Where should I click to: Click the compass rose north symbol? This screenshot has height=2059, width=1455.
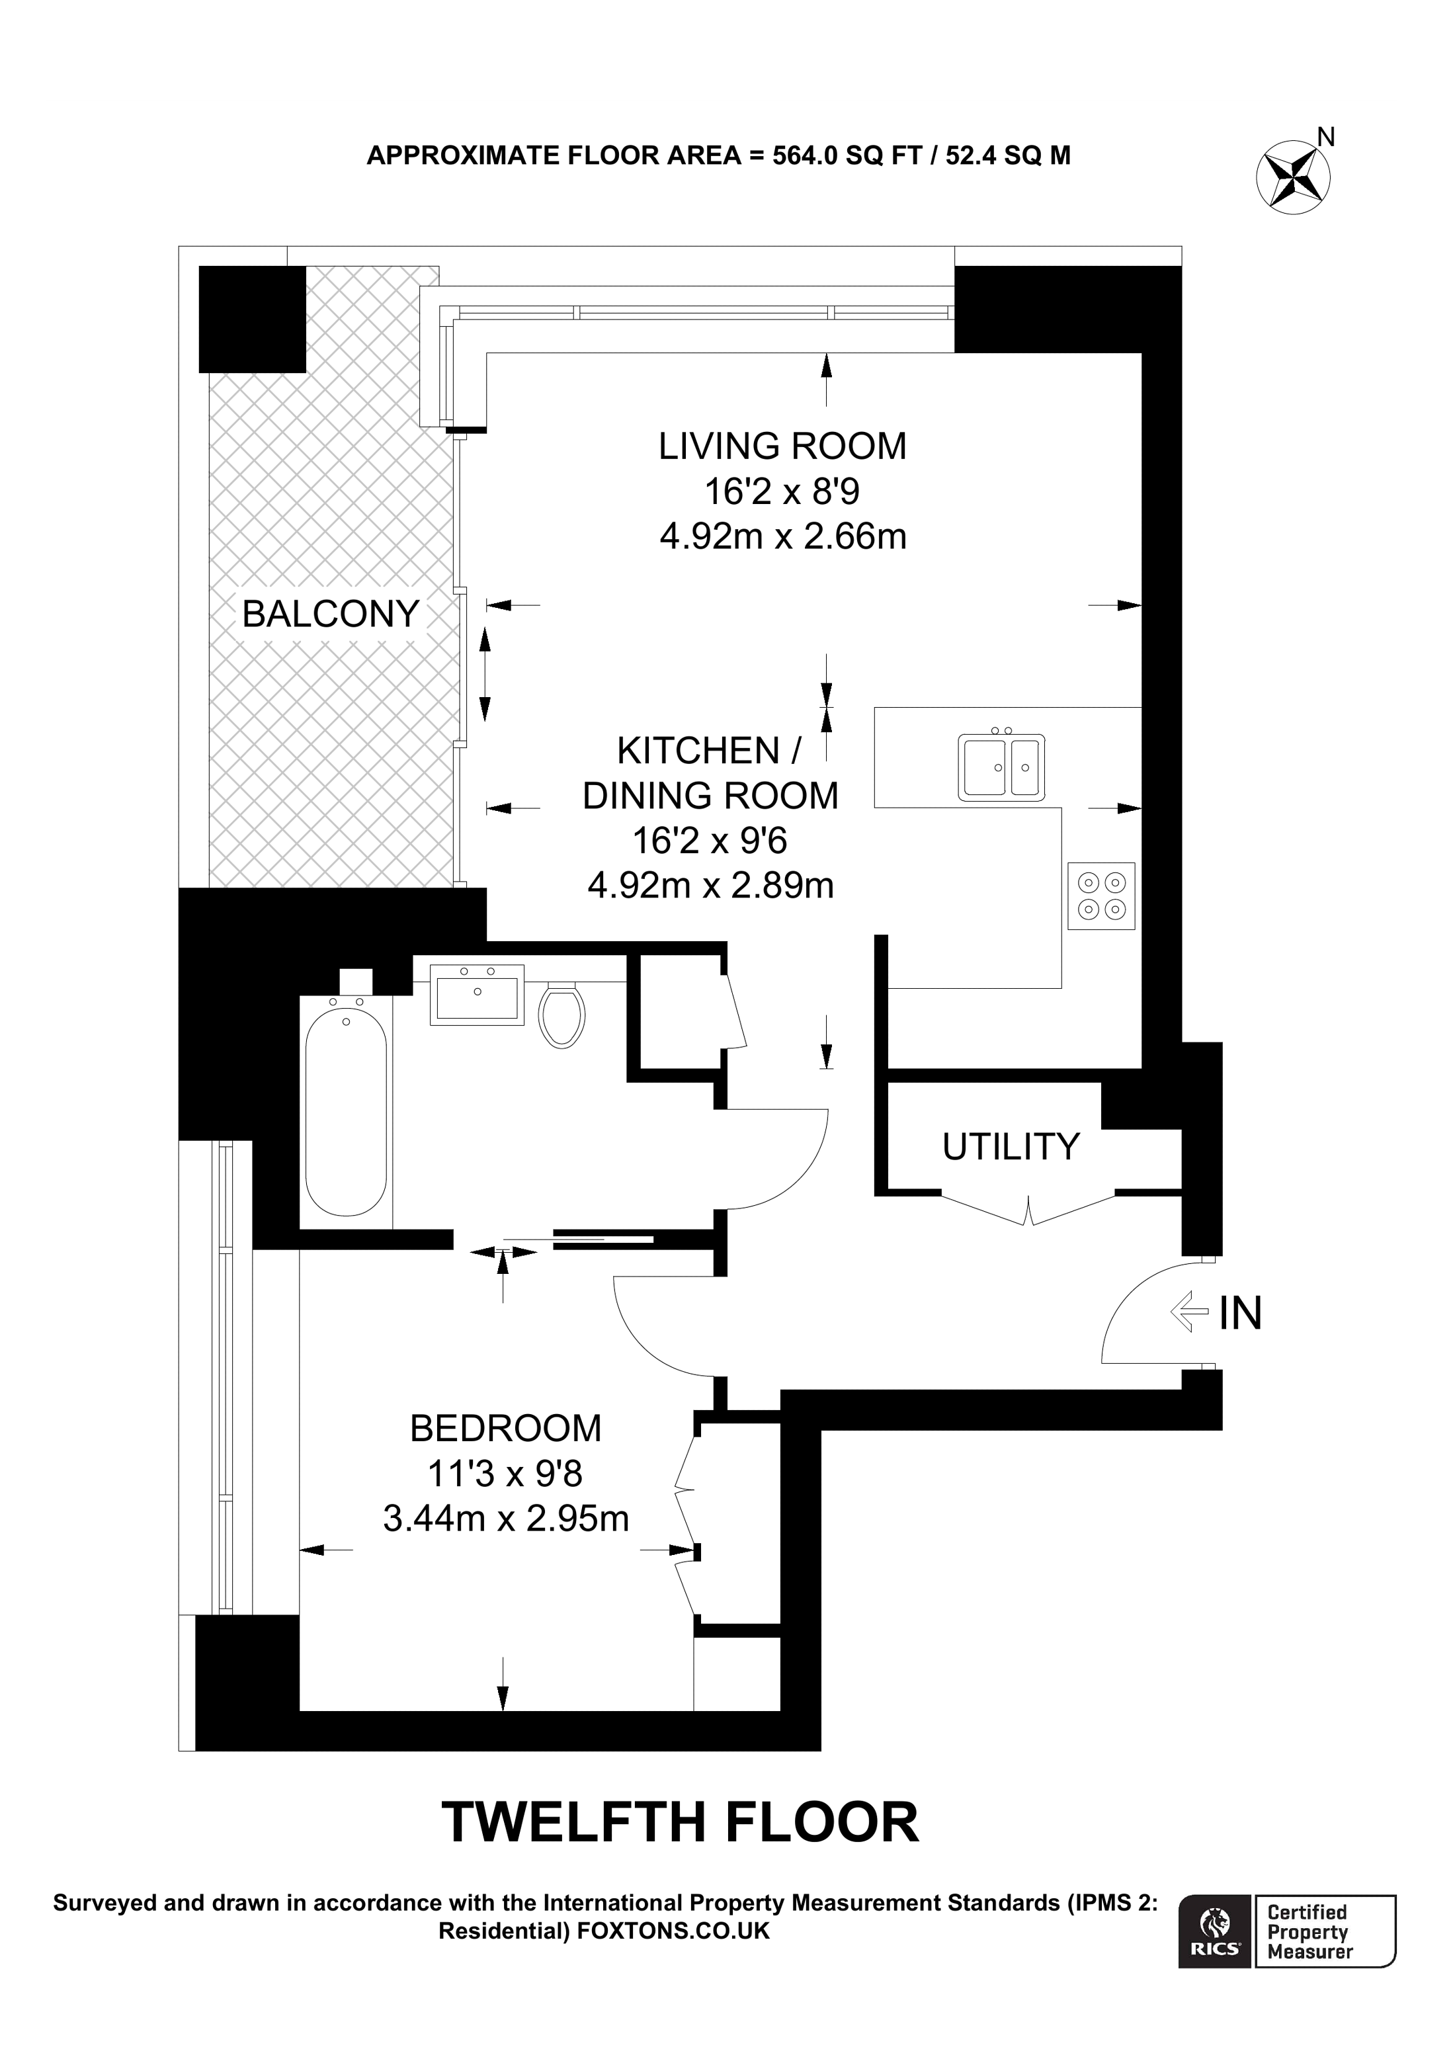(x=1293, y=177)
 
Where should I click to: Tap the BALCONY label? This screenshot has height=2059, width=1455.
(x=331, y=614)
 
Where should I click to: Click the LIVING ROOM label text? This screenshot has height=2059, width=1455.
(x=782, y=446)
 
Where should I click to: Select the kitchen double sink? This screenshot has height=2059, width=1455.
(x=1001, y=767)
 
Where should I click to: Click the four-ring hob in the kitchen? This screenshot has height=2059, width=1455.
(x=1102, y=896)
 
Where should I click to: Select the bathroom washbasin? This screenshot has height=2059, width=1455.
(x=477, y=995)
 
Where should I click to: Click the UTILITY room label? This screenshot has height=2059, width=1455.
(x=1011, y=1147)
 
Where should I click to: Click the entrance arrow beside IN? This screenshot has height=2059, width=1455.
(x=1188, y=1313)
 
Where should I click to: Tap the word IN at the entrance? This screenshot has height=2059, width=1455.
(x=1241, y=1314)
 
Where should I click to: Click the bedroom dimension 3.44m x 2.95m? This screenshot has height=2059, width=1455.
(x=506, y=1518)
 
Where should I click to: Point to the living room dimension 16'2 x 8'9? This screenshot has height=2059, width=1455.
(x=782, y=491)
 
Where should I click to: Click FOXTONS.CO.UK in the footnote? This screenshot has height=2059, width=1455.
(x=673, y=1931)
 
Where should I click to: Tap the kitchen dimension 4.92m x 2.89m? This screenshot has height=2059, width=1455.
(x=710, y=886)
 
